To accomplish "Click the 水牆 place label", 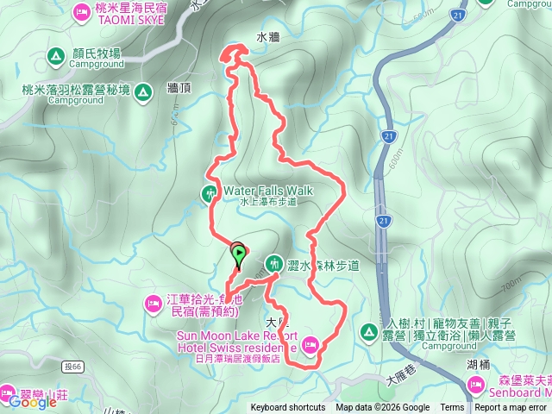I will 268,37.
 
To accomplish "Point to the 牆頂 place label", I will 179,88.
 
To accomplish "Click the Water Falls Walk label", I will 268,190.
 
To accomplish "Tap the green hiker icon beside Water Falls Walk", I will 210,193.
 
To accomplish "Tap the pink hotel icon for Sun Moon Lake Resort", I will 310,346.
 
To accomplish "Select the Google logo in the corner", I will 33,401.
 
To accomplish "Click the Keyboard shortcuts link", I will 287,408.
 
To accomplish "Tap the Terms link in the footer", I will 452,408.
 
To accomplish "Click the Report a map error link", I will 511,408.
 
